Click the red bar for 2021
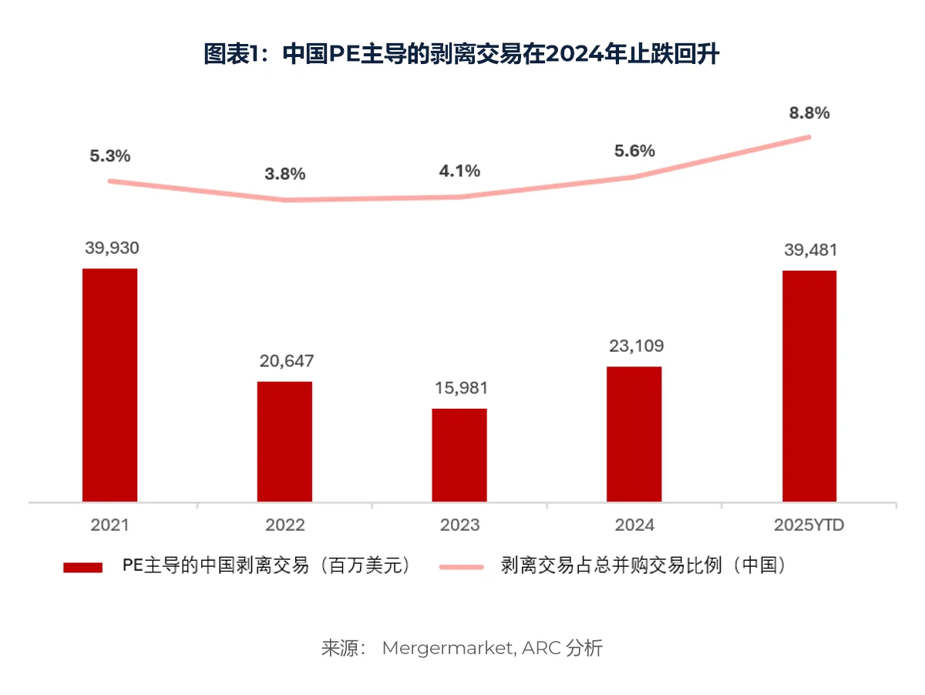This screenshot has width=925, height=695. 109,385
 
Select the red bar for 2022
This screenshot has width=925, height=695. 284,441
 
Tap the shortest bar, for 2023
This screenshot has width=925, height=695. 459,455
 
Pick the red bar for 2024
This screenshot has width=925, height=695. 634,434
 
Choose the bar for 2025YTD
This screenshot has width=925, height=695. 809,386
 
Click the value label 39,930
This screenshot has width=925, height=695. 110,248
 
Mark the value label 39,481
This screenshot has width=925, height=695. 809,250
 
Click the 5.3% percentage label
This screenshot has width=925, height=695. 110,156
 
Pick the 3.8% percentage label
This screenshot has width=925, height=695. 284,174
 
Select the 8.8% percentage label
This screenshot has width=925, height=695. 809,113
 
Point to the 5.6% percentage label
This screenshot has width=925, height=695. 634,151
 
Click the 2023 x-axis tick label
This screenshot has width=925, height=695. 459,525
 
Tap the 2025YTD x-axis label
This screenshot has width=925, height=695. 809,525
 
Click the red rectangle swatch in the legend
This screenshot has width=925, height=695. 82,567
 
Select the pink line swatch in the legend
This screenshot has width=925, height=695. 461,567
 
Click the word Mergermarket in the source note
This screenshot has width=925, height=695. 445,648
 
